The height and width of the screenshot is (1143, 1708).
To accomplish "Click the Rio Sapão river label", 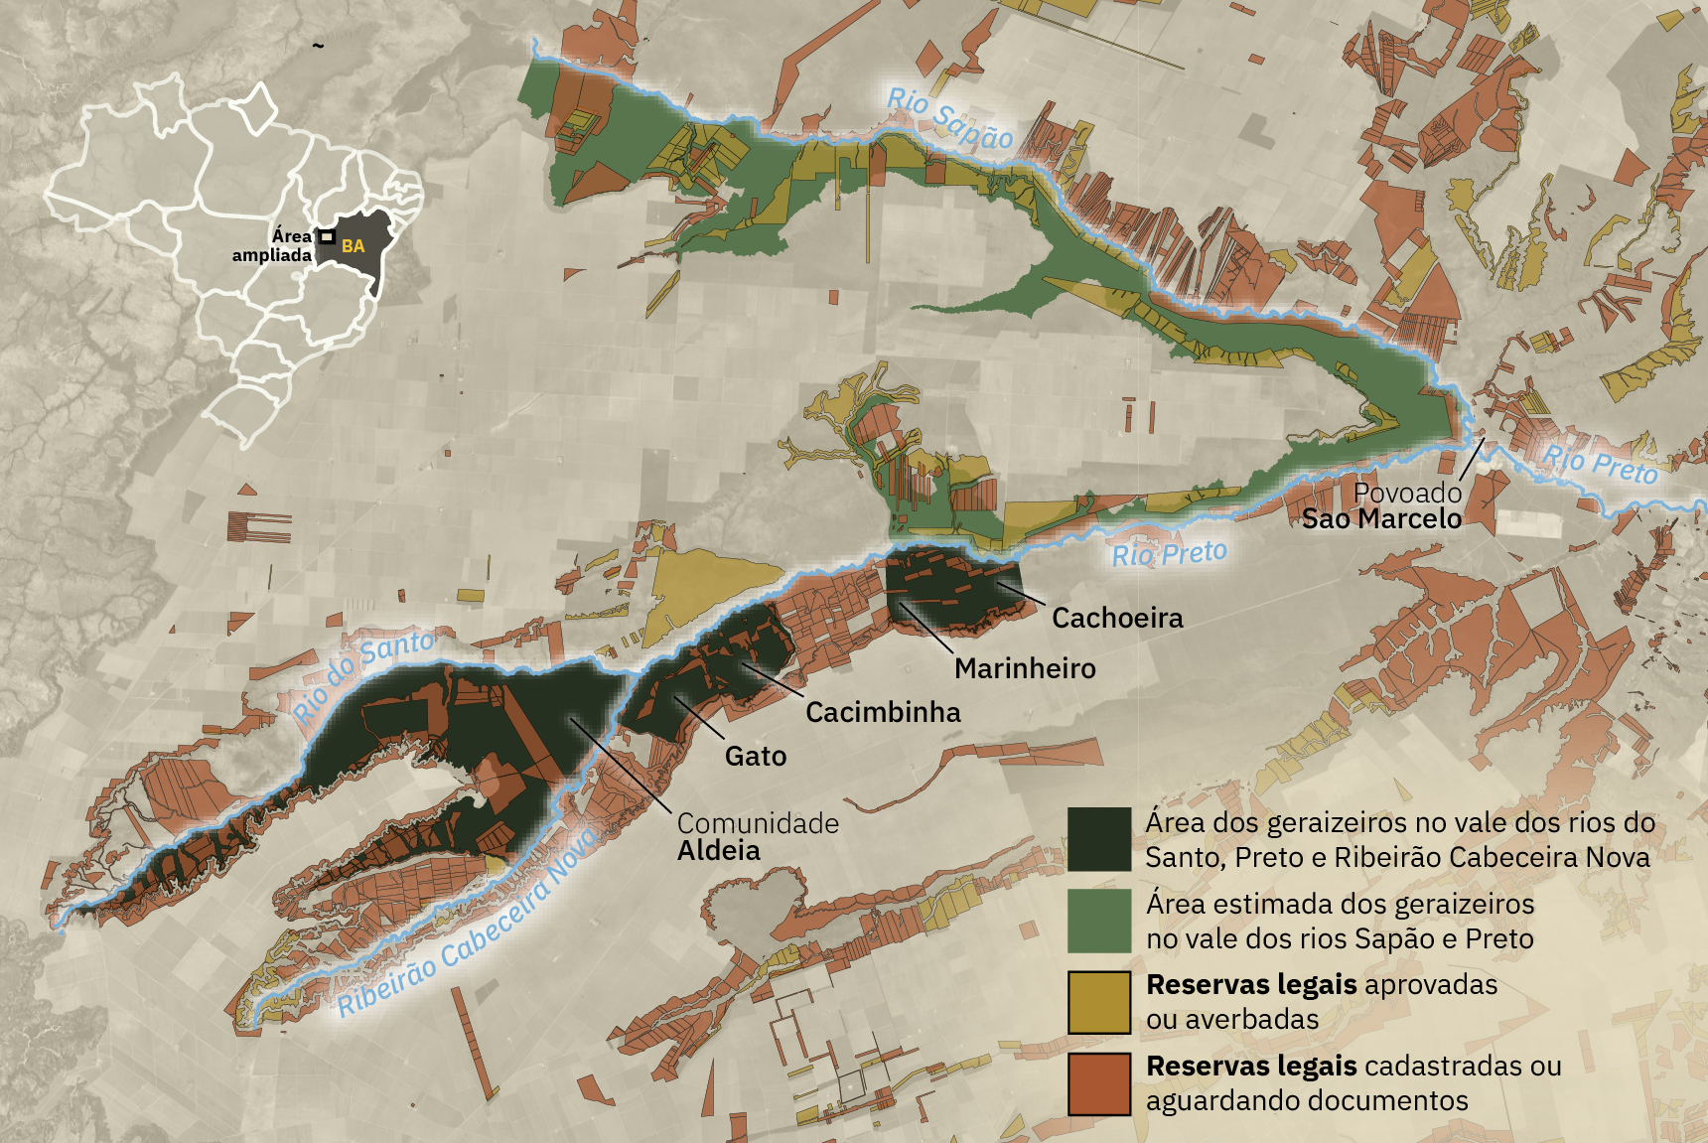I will [x=949, y=118].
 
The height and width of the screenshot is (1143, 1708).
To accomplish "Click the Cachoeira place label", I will [x=1117, y=619].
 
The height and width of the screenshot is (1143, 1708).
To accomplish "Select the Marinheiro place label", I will [x=1025, y=669].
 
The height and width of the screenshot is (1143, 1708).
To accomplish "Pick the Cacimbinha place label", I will [x=883, y=713].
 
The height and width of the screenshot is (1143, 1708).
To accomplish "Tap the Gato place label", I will [x=756, y=757].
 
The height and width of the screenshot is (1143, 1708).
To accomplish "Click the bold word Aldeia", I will [x=719, y=851].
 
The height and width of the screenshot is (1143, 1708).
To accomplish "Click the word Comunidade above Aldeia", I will [x=758, y=823].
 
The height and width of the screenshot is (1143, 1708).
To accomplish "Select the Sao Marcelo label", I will [x=1381, y=519].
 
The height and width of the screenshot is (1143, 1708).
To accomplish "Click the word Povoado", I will [x=1407, y=493].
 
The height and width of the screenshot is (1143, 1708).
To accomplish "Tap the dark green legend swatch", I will [x=1099, y=839].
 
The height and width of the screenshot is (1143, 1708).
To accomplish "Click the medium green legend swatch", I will [x=1099, y=921].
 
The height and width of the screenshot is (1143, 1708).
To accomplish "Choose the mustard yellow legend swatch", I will [x=1099, y=1002].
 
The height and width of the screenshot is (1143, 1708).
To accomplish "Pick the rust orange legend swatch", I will [x=1099, y=1083].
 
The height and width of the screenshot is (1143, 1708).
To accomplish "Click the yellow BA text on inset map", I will [x=353, y=246].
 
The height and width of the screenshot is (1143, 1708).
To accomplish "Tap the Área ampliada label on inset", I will [x=272, y=245].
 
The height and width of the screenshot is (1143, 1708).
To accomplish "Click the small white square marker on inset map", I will [x=326, y=236].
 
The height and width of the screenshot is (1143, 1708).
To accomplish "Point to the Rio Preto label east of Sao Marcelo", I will [x=1600, y=464].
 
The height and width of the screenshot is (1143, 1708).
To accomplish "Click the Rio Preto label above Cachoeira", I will [x=1169, y=554].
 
